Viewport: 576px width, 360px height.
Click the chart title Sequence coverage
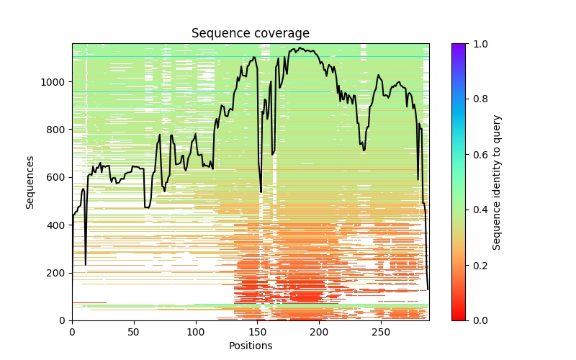250,34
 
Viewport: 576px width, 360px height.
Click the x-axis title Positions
250,346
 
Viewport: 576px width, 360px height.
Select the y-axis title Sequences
30,181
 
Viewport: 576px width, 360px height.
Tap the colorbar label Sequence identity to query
497,181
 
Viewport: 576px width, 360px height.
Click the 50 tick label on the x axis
134,332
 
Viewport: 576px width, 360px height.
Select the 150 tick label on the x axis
258,332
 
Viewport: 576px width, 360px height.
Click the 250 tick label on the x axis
381,332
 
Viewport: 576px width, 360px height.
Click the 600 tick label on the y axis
58,177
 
